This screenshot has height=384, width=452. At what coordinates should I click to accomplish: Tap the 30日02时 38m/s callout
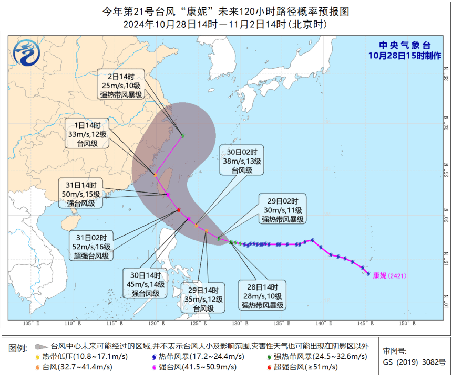tap(241, 161)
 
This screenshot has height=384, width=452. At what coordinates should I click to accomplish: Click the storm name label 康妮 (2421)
tap(389, 275)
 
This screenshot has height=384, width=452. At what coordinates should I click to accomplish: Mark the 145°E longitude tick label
tap(368, 323)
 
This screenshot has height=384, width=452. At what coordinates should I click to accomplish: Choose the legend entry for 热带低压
tap(76, 357)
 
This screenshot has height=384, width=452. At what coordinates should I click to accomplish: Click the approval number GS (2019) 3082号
tap(414, 362)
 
